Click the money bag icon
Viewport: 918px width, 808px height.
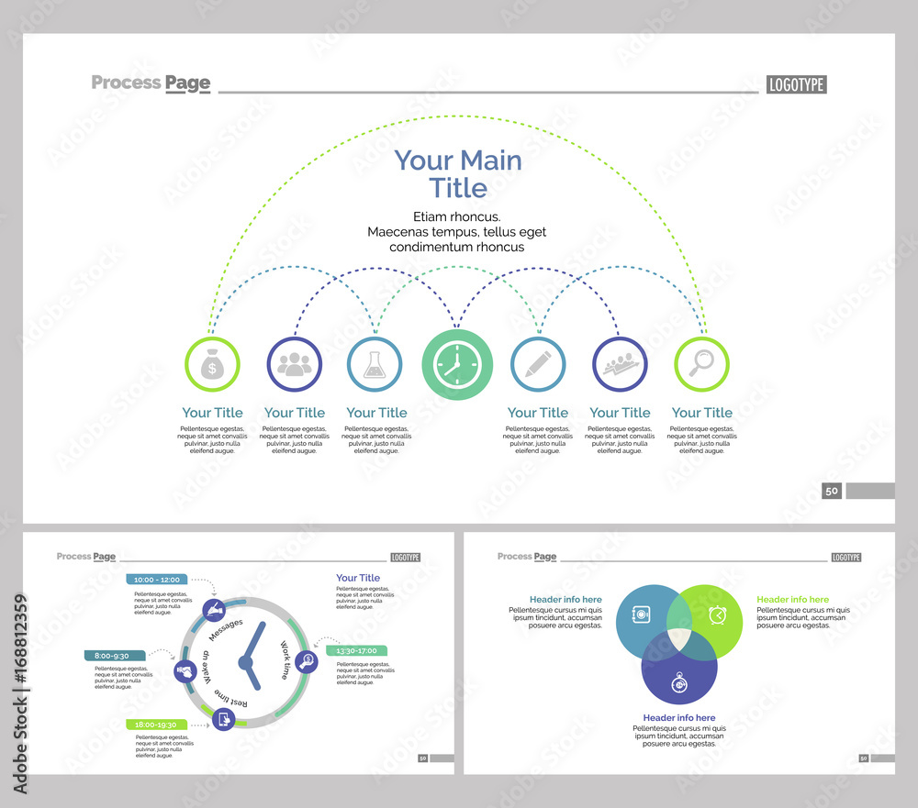tap(212, 365)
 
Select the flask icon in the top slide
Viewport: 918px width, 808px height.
tap(375, 365)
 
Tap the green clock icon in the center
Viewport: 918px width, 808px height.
tap(457, 365)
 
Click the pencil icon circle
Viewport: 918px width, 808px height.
tap(538, 365)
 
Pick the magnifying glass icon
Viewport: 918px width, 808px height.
tap(701, 365)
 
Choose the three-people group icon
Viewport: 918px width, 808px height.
tap(294, 365)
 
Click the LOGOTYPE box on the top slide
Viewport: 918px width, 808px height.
tap(796, 84)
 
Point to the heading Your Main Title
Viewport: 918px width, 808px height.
tap(458, 174)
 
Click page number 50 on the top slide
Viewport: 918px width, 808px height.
tap(832, 491)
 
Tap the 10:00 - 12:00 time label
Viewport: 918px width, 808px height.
tap(157, 580)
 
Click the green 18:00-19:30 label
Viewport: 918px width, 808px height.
tap(156, 724)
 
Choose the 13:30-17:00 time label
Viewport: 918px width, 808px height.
tap(357, 650)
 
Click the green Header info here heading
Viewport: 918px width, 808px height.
tap(792, 600)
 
